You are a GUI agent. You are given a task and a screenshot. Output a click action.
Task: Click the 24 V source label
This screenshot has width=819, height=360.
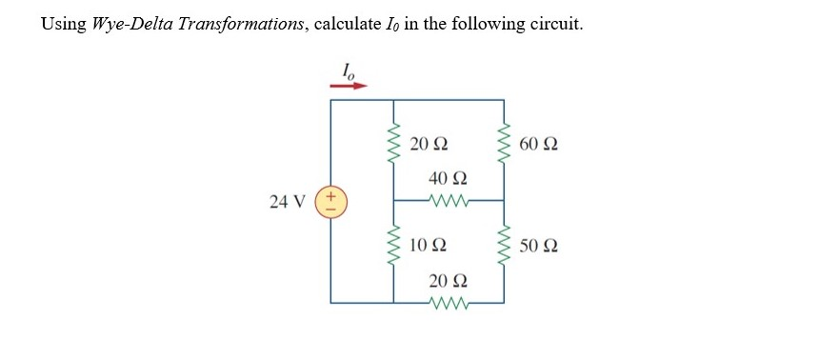[287, 202]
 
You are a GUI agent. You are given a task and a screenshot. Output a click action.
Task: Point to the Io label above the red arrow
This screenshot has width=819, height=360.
[350, 69]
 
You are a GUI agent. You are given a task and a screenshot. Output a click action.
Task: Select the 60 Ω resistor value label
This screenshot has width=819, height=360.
[540, 146]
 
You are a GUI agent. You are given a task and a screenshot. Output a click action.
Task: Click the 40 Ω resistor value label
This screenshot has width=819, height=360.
[449, 179]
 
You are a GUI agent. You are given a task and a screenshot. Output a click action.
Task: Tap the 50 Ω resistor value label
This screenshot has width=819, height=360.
[540, 246]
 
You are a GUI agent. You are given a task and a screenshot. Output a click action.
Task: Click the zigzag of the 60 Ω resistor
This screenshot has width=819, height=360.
[505, 146]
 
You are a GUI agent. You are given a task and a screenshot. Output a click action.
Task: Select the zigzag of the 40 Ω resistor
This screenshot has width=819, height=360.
[448, 201]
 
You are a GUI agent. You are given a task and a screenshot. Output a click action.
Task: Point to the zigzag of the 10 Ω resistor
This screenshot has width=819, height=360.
[394, 246]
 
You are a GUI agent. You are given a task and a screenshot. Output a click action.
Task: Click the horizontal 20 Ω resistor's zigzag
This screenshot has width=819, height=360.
[448, 303]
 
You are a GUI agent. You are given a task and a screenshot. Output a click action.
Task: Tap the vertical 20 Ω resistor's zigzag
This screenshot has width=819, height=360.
[394, 146]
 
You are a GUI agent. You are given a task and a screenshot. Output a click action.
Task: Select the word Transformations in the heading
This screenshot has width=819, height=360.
[243, 24]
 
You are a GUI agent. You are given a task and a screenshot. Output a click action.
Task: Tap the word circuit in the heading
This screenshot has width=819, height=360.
[555, 24]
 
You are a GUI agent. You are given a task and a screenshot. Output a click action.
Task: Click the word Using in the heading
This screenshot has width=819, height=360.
[63, 24]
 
